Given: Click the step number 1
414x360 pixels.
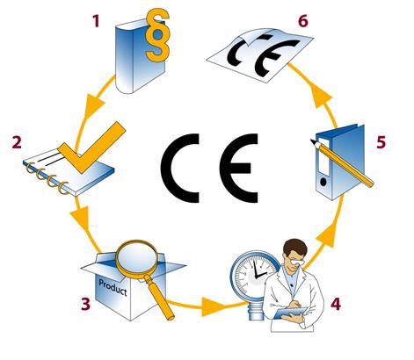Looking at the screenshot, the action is click(96, 21).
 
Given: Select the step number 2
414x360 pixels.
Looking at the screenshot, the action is click(17, 142).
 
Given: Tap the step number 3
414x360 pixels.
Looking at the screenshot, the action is click(85, 304).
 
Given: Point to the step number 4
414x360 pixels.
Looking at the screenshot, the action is click(336, 304).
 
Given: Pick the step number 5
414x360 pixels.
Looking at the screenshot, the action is click(381, 142).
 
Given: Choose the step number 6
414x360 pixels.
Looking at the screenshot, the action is click(303, 21).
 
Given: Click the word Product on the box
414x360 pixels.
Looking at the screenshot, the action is click(113, 287).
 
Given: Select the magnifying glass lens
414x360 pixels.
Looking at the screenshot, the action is click(137, 257).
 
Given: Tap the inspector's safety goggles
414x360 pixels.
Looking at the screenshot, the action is click(296, 262).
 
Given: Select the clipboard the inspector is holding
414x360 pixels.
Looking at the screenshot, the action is click(288, 313).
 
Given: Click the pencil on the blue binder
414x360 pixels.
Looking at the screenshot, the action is click(342, 163).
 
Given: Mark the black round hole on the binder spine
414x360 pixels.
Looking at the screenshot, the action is click(323, 182).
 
